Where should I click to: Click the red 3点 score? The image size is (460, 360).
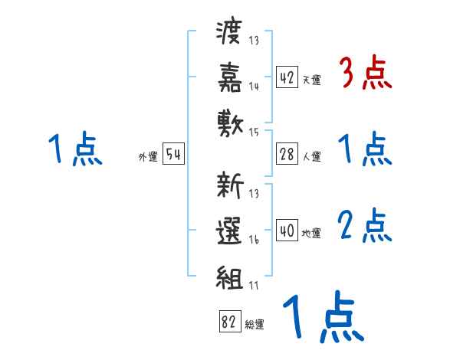tap(365, 74)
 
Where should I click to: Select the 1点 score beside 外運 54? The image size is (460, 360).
tap(74, 149)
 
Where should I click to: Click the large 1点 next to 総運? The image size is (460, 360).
tap(322, 318)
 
